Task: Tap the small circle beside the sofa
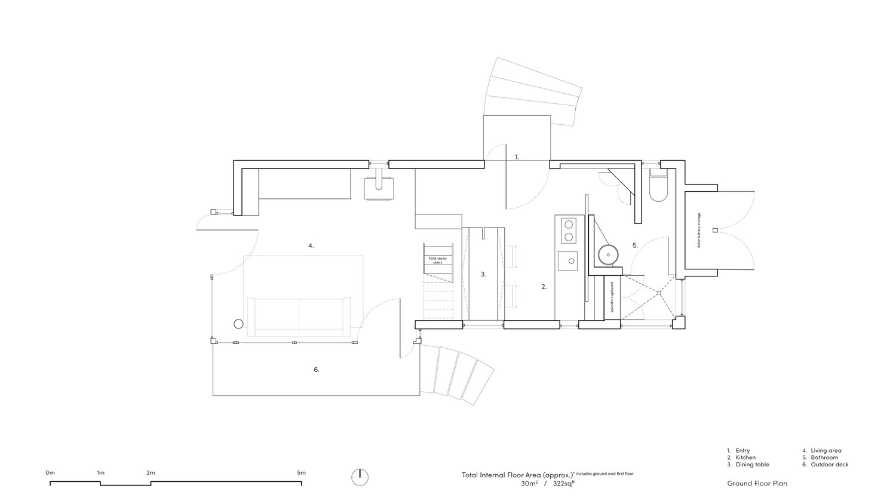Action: tap(238, 324)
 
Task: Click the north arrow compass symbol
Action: tap(360, 477)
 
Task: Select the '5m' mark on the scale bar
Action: tap(301, 473)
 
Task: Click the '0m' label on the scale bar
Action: tap(50, 473)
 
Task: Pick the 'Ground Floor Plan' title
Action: tap(757, 483)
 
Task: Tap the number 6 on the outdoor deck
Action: tap(317, 370)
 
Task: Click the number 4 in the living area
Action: tap(311, 245)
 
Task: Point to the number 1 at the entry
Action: tap(517, 157)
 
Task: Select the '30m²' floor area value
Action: tap(529, 484)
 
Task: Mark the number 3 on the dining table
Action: tap(484, 275)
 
